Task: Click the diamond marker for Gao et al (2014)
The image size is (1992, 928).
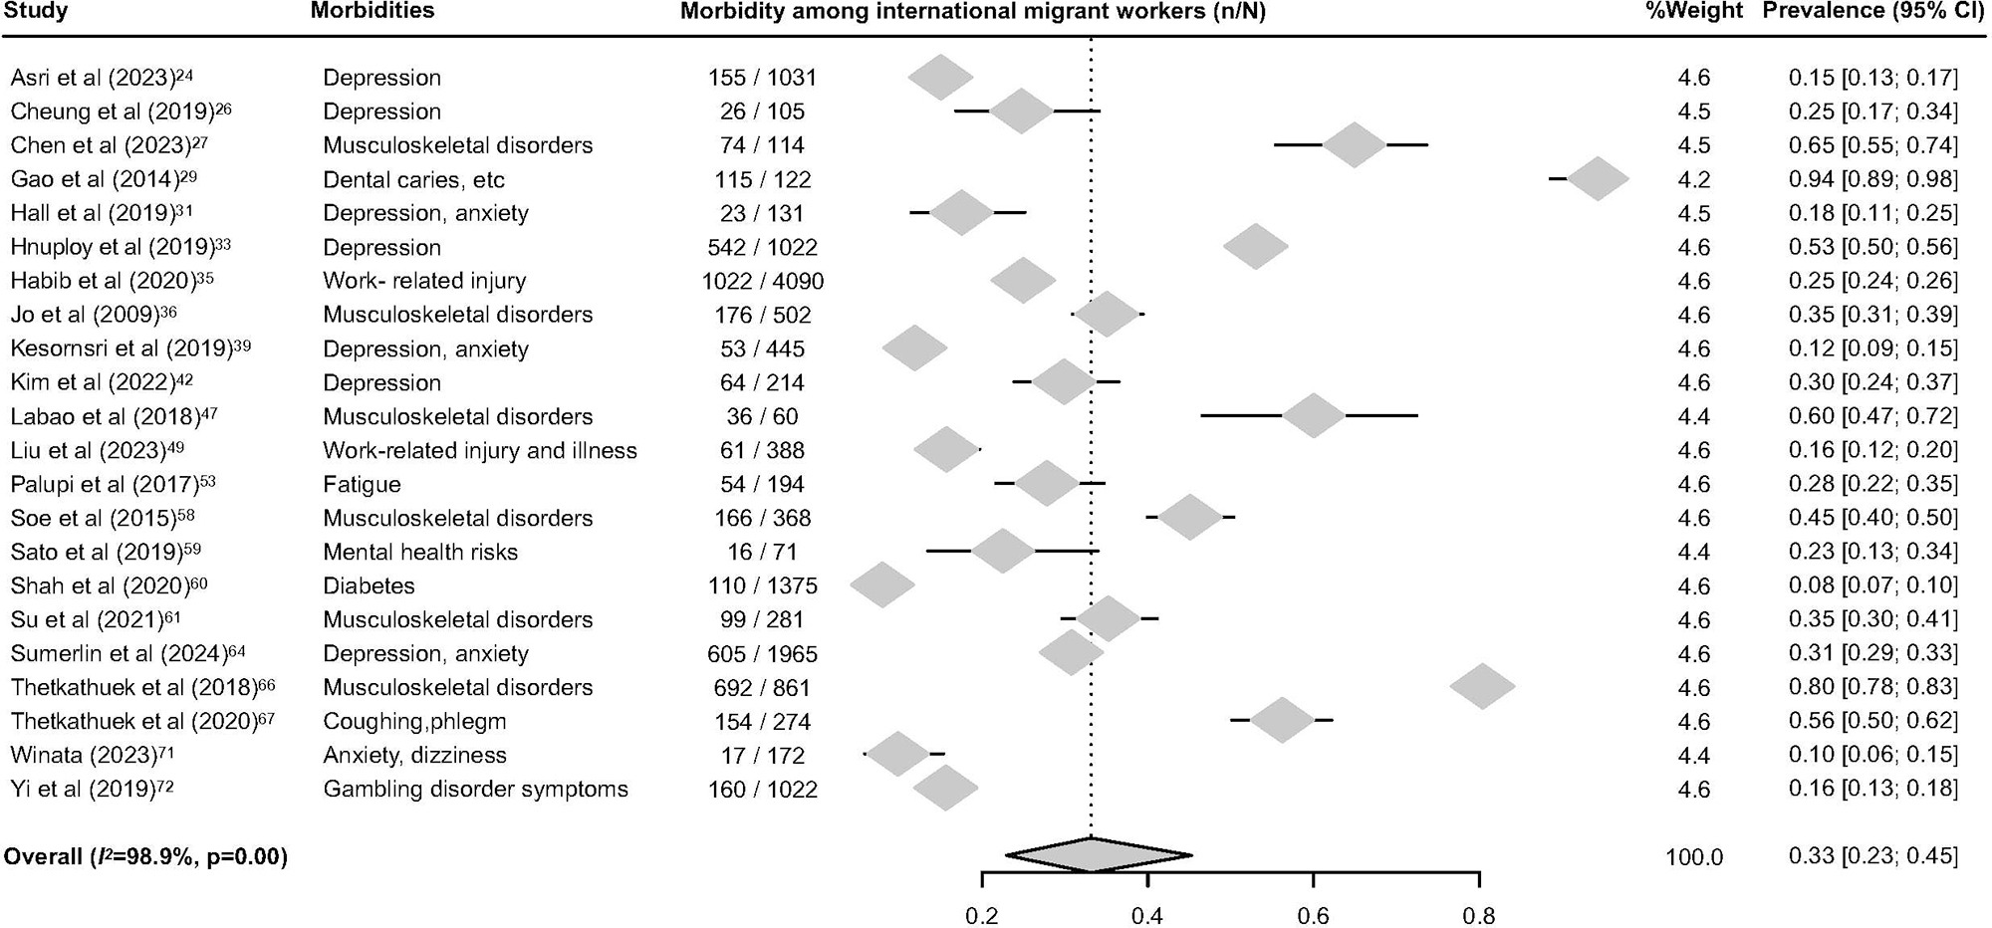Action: pos(1598,179)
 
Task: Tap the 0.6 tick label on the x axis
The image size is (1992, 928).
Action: pos(1313,915)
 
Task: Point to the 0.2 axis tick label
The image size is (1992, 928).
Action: pos(982,915)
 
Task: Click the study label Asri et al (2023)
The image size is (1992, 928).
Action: pos(102,78)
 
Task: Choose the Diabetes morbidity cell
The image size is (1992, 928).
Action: pos(369,585)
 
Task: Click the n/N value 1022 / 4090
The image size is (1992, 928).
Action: pos(762,281)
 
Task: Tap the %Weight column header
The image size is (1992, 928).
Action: pos(1693,11)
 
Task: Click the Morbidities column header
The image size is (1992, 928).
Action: pos(373,11)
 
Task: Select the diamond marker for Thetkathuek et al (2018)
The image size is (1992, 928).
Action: pos(1482,687)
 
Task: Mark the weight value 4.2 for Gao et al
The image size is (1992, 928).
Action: pos(1693,179)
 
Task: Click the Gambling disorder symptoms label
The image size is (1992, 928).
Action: pos(475,790)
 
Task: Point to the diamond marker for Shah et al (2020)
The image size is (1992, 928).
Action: pos(882,585)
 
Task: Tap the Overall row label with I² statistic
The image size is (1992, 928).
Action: pos(145,856)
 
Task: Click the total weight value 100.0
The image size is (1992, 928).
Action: pos(1693,856)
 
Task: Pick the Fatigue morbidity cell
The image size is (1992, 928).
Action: pos(362,484)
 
